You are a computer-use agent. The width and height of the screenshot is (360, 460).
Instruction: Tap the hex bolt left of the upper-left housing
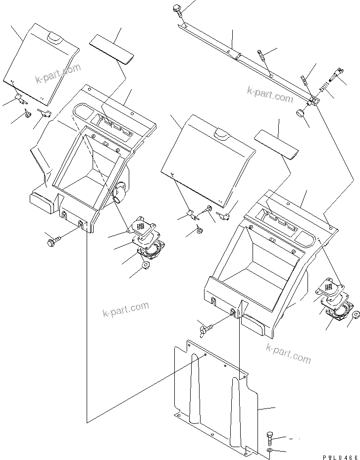click(x=52, y=243)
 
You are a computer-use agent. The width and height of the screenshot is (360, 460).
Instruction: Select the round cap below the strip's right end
click(x=300, y=114)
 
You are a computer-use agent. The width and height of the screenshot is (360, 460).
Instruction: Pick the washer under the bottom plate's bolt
click(x=269, y=451)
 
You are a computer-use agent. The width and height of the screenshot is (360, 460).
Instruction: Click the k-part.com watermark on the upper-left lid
click(x=57, y=74)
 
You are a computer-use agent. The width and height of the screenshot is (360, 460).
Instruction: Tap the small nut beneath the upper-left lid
click(x=27, y=115)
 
